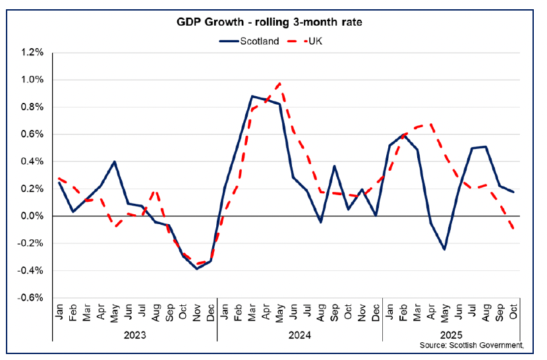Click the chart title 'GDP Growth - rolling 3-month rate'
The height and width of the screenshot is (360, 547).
click(273, 22)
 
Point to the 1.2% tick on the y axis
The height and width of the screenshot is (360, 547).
click(31, 53)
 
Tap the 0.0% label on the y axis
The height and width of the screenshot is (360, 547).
click(31, 216)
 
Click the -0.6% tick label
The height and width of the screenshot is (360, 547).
click(30, 298)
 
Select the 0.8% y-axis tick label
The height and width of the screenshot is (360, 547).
click(31, 107)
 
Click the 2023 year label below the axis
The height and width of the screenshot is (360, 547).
click(135, 334)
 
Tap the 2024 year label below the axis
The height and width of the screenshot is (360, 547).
click(300, 334)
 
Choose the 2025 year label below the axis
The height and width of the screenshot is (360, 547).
click(451, 334)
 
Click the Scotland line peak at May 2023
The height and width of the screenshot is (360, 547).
click(115, 162)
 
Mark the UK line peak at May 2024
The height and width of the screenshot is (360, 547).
click(280, 83)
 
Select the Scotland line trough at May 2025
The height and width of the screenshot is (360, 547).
click(445, 249)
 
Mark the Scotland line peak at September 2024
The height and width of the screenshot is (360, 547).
click(335, 166)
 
